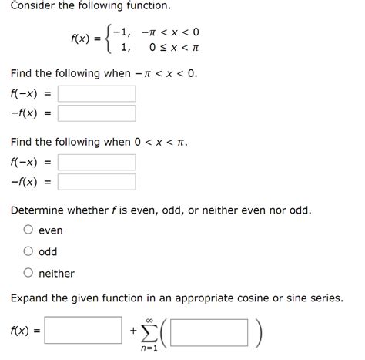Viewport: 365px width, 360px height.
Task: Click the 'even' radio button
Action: tap(28, 230)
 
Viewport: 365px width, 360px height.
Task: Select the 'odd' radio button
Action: tap(28, 251)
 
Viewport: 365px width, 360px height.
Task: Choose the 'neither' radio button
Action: tap(28, 273)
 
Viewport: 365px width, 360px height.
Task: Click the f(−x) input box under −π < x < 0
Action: tap(96, 94)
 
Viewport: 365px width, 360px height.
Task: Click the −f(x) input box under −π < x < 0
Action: tap(96, 113)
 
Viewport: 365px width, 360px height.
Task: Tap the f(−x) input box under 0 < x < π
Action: tap(96, 163)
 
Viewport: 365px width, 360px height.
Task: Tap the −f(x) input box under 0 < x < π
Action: tap(96, 182)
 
